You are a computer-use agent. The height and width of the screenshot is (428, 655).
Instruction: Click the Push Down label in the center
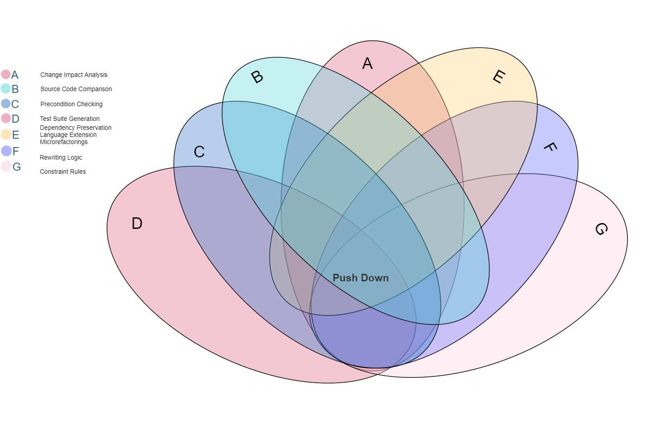pyautogui.click(x=360, y=278)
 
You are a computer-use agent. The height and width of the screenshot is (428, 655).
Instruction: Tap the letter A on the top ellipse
pyautogui.click(x=367, y=64)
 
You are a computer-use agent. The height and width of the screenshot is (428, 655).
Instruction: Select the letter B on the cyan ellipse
pyautogui.click(x=257, y=77)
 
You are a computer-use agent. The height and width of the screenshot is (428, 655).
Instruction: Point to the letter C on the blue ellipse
pyautogui.click(x=199, y=152)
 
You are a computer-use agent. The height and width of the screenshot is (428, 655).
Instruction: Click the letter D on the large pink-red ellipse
pyautogui.click(x=137, y=223)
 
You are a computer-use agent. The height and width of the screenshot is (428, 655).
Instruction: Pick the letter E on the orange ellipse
pyautogui.click(x=499, y=77)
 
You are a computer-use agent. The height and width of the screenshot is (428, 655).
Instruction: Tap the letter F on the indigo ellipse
pyautogui.click(x=550, y=147)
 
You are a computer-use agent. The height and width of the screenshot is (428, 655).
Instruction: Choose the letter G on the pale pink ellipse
pyautogui.click(x=601, y=229)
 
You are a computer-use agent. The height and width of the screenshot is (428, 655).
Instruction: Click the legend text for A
pyautogui.click(x=15, y=75)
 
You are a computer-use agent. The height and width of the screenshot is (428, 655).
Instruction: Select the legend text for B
pyautogui.click(x=15, y=89)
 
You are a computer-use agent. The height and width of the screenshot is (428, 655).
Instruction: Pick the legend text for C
pyautogui.click(x=15, y=104)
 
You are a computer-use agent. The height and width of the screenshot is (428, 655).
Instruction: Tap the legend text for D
pyautogui.click(x=16, y=119)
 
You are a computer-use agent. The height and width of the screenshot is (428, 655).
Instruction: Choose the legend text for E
pyautogui.click(x=16, y=135)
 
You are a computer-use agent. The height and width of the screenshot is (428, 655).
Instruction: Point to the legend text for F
pyautogui.click(x=16, y=151)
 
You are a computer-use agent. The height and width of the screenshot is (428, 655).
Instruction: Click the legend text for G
pyautogui.click(x=17, y=167)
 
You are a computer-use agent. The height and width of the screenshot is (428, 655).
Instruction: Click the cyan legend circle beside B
pyautogui.click(x=6, y=88)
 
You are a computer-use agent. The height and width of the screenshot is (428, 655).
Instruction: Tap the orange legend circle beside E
pyautogui.click(x=6, y=134)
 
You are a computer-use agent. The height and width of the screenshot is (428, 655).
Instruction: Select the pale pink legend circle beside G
pyautogui.click(x=6, y=166)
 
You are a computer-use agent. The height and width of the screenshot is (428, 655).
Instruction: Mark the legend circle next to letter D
pyautogui.click(x=6, y=118)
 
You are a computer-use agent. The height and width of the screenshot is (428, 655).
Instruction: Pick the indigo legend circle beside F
pyautogui.click(x=6, y=151)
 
